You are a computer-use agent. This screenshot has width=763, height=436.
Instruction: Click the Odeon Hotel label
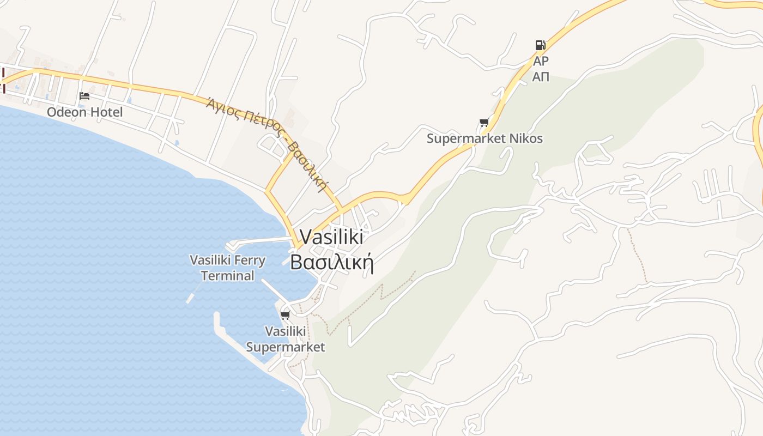pyautogui.click(x=84, y=112)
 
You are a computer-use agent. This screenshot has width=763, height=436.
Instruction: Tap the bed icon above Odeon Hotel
pyautogui.click(x=84, y=96)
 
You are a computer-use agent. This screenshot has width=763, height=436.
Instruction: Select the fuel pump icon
pyautogui.click(x=540, y=45)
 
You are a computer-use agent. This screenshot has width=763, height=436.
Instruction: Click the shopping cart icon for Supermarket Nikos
pyautogui.click(x=484, y=123)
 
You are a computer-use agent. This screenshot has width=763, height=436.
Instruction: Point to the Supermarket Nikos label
pyautogui.click(x=485, y=138)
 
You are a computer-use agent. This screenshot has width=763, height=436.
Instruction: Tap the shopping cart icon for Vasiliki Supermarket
pyautogui.click(x=285, y=315)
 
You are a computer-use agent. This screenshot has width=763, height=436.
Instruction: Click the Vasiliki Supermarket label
pyautogui.click(x=285, y=339)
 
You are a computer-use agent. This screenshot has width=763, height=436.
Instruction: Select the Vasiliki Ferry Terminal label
pyautogui.click(x=227, y=268)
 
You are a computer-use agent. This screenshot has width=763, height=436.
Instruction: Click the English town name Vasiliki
pyautogui.click(x=332, y=237)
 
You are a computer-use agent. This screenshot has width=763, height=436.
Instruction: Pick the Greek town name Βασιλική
pyautogui.click(x=331, y=262)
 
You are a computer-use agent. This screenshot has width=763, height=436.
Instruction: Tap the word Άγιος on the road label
pyautogui.click(x=221, y=104)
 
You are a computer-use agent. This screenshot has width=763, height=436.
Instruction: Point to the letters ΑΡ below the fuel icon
pyautogui.click(x=541, y=60)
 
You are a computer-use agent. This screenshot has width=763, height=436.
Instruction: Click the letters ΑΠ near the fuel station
pyautogui.click(x=541, y=77)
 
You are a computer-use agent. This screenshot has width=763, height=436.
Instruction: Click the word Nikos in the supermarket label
pyautogui.click(x=525, y=138)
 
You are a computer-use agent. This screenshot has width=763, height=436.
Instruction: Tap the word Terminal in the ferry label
pyautogui.click(x=227, y=276)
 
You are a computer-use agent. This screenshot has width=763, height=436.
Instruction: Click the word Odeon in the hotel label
pyautogui.click(x=66, y=112)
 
